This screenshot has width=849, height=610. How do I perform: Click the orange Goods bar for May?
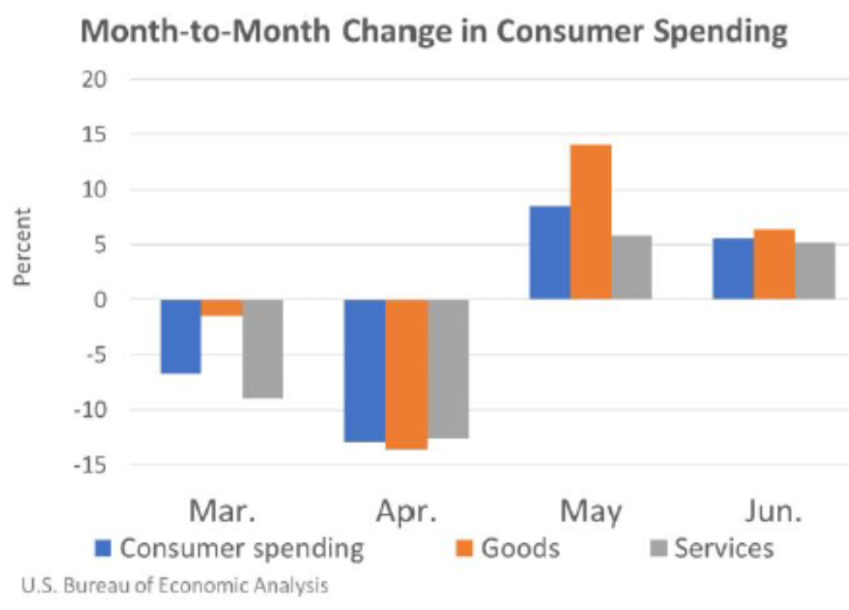tap(591, 222)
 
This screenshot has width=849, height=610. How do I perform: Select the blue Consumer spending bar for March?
tap(180, 336)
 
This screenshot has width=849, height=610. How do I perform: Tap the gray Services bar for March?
tap(263, 348)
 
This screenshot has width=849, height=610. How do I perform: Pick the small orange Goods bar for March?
tap(222, 308)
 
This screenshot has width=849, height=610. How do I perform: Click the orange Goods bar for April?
tap(406, 374)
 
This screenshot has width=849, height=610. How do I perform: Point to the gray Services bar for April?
tap(447, 369)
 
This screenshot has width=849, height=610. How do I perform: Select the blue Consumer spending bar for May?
tap(549, 252)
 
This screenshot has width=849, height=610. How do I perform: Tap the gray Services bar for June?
tap(815, 271)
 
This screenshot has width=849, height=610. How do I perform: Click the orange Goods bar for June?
tap(774, 264)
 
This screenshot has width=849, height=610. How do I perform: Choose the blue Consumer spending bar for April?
tap(365, 370)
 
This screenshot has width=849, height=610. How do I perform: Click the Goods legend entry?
tap(519, 548)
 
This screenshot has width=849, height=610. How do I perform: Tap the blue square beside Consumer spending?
tap(103, 549)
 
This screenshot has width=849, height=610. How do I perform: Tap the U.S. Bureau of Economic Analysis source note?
tap(173, 585)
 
